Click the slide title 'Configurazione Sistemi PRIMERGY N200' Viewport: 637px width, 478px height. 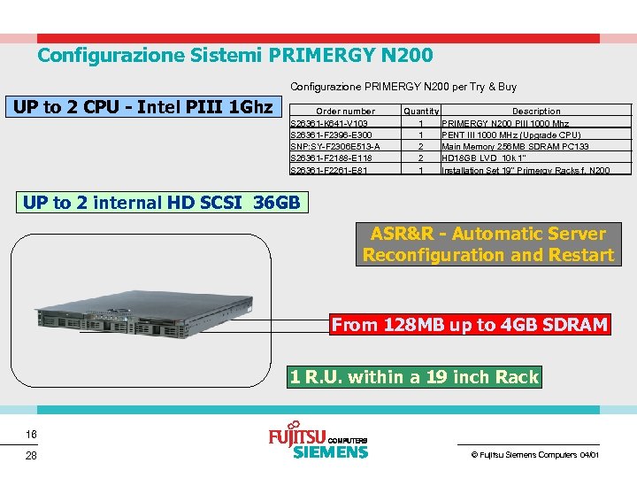point(234,56)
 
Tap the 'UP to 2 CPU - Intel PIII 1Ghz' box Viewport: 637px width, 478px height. point(142,108)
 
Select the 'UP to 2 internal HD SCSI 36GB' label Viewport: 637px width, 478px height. point(161,202)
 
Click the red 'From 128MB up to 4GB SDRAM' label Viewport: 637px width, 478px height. point(469,325)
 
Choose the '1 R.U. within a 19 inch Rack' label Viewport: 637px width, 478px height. point(414,377)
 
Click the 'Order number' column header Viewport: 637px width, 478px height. point(345,112)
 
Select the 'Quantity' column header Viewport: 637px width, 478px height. point(421,112)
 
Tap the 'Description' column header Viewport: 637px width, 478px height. point(536,112)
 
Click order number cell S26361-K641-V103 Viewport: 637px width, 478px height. point(330,123)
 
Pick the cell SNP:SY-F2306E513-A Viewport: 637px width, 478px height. point(335,146)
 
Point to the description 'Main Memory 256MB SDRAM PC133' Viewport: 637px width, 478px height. point(515,146)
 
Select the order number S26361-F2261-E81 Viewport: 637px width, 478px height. point(329,170)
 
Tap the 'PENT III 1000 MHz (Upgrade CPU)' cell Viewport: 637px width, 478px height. point(511,135)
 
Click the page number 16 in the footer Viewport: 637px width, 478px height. point(31,435)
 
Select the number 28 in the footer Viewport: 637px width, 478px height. point(31,455)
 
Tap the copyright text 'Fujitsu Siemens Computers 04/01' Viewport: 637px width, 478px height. point(534,455)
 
